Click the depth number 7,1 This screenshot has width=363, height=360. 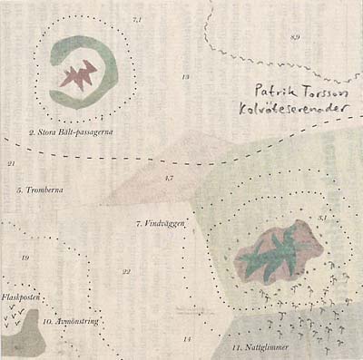[137, 19]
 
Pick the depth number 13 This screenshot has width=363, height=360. [185, 78]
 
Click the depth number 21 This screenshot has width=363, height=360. [11, 164]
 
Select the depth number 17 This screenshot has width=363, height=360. [170, 178]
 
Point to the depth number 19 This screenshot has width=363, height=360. [25, 259]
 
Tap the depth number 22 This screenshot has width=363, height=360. [126, 271]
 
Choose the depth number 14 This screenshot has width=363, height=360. [186, 338]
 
